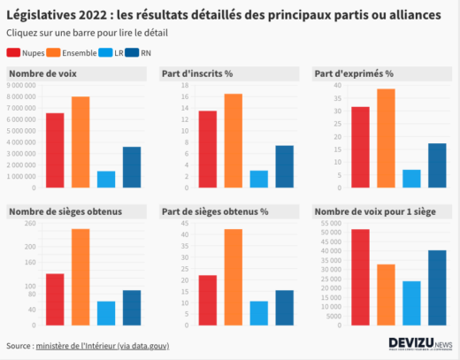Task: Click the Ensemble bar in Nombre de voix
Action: pyautogui.click(x=80, y=142)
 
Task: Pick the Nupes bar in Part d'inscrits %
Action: pyautogui.click(x=208, y=149)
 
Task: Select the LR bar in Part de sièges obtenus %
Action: pyautogui.click(x=259, y=313)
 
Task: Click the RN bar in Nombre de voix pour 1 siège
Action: pyautogui.click(x=412, y=287)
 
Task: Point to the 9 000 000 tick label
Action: pyautogui.click(x=21, y=85)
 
